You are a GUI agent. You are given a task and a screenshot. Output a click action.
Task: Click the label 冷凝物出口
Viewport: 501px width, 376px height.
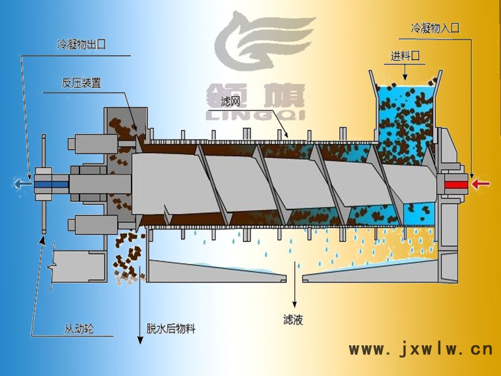click(78, 46)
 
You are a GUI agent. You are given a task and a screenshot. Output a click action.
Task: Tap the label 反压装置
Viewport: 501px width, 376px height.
click(81, 83)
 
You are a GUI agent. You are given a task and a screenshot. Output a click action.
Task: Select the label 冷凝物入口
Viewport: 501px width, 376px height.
click(435, 28)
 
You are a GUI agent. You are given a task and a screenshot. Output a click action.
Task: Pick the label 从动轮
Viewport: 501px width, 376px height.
click(79, 328)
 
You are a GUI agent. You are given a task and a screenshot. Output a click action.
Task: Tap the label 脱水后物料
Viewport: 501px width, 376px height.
click(171, 328)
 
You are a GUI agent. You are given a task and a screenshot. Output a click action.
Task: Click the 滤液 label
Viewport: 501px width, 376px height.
click(293, 320)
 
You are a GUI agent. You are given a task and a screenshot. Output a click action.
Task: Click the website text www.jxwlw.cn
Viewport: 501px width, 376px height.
click(420, 349)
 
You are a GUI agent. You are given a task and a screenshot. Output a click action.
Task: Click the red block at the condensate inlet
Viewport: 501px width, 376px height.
click(456, 184)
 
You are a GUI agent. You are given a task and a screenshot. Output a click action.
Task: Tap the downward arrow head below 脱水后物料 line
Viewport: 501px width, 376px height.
click(140, 341)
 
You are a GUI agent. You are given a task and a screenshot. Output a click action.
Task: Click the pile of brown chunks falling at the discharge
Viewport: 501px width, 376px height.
click(128, 257)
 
